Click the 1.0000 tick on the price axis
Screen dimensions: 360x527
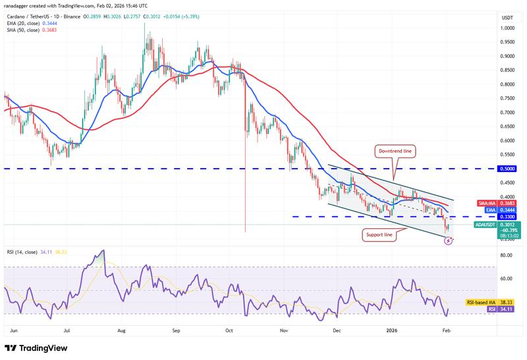[x=507, y=28]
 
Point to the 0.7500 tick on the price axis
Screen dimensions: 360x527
[x=507, y=98]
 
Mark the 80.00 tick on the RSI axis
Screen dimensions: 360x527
[x=506, y=255]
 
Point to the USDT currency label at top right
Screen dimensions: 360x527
[x=507, y=17]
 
